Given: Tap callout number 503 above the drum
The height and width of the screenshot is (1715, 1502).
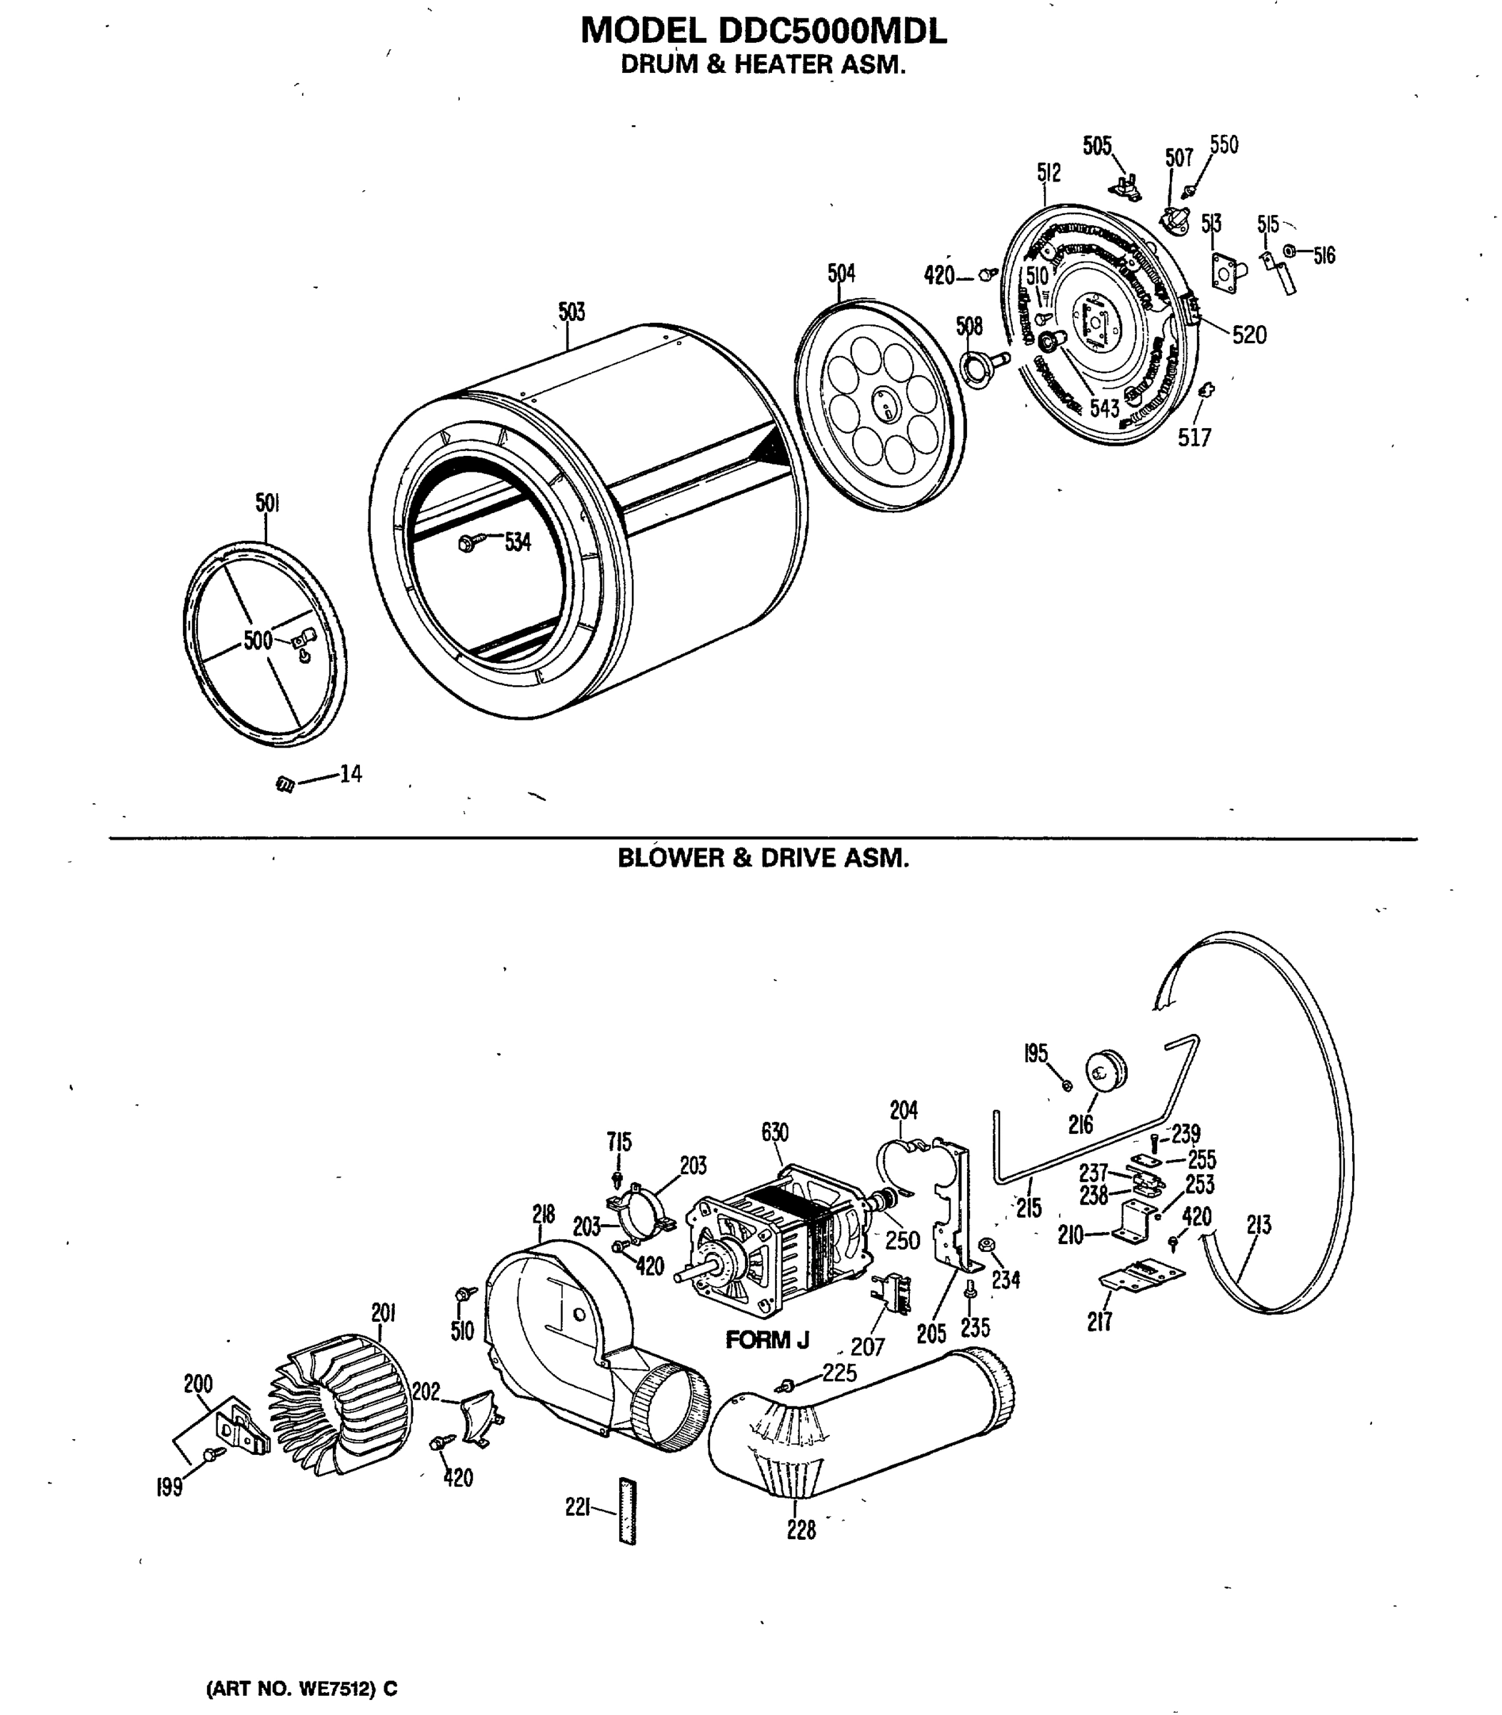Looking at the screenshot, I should click(x=571, y=312).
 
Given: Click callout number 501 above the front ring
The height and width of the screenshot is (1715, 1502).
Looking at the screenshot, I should click(x=267, y=502).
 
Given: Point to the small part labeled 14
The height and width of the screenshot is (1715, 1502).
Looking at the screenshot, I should click(x=285, y=785).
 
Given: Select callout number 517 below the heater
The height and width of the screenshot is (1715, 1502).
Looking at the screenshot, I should click(x=1194, y=437).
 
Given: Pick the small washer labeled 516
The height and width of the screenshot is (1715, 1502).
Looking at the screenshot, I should click(x=1290, y=250).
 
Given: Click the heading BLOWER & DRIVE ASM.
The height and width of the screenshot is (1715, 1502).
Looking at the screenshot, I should click(x=763, y=858).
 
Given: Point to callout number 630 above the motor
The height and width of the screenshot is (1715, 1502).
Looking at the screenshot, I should click(x=774, y=1132).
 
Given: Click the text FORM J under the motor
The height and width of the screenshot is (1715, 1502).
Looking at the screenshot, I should click(x=767, y=1340).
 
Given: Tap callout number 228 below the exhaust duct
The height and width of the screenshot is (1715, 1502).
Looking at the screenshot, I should click(x=801, y=1530).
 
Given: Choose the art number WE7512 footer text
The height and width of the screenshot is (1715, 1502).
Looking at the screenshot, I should click(x=301, y=1688).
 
